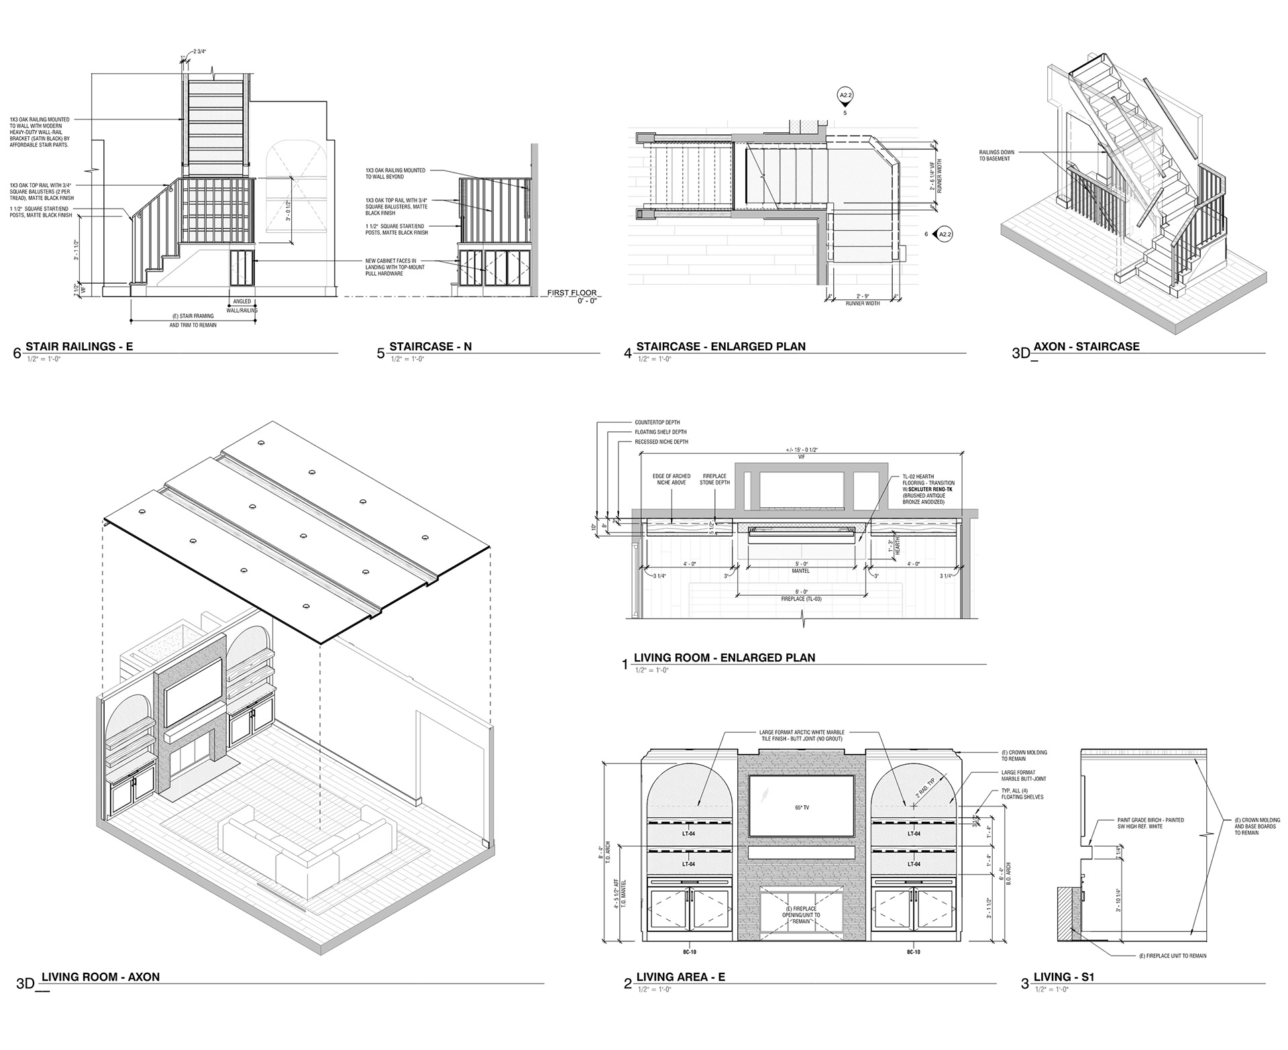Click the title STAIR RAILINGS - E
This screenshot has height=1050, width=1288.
click(x=79, y=347)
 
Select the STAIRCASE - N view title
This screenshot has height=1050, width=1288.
click(x=430, y=347)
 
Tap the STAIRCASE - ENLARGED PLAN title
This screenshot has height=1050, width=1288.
click(x=720, y=347)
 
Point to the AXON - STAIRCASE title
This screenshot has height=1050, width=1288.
click(x=1086, y=347)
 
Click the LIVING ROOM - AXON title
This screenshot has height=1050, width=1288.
click(x=101, y=977)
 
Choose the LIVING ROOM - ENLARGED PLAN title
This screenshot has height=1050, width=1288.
click(x=724, y=658)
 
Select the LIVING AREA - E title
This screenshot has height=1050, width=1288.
click(x=680, y=977)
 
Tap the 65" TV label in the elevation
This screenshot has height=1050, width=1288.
click(x=801, y=807)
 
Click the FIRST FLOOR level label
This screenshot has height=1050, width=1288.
click(x=571, y=293)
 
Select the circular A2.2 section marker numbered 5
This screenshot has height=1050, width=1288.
click(x=845, y=97)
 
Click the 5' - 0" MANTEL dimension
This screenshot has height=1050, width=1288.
click(x=800, y=567)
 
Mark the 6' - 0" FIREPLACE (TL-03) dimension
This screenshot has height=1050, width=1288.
click(x=800, y=594)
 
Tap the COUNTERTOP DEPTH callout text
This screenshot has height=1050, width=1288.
click(x=658, y=423)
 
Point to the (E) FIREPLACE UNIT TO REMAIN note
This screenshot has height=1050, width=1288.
click(x=1172, y=955)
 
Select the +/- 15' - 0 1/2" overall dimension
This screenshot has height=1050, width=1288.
click(x=800, y=450)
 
